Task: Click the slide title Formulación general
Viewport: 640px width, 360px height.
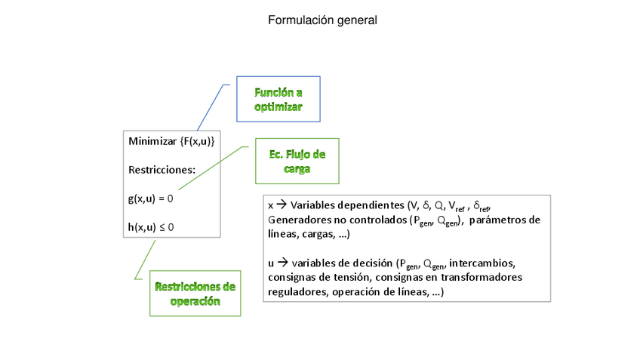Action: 322,20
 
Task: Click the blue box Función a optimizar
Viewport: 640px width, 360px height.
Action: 278,100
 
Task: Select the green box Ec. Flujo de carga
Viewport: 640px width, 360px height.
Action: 297,162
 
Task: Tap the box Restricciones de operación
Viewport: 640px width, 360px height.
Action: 195,294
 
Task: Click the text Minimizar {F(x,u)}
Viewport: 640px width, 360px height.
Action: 172,141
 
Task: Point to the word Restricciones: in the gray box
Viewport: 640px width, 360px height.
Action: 162,170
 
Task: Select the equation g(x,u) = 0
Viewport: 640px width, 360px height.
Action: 151,198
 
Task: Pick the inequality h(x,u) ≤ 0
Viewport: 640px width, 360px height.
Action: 151,226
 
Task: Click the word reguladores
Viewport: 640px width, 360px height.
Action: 297,291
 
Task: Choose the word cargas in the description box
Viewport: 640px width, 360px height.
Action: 317,234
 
